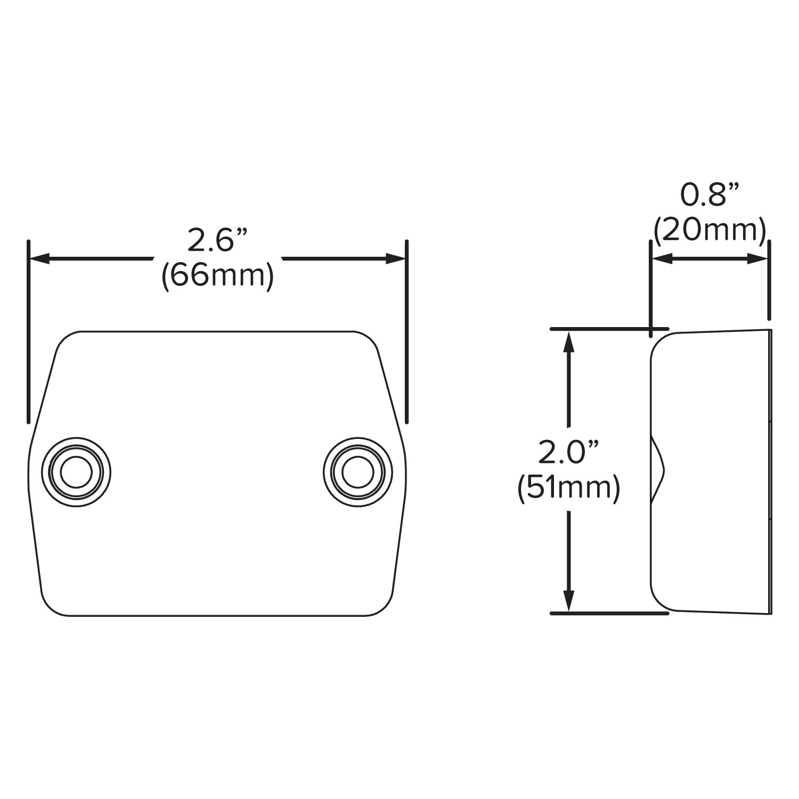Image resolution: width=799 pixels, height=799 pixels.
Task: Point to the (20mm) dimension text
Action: [x=710, y=230]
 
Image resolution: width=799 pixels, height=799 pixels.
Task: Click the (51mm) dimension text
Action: [x=569, y=488]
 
